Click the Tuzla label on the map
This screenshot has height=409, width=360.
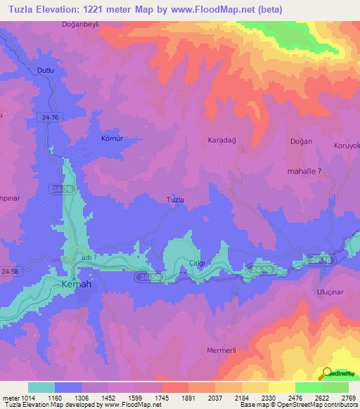click(174, 200)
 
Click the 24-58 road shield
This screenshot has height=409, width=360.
click(11, 270)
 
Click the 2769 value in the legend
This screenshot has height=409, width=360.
click(348, 397)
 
